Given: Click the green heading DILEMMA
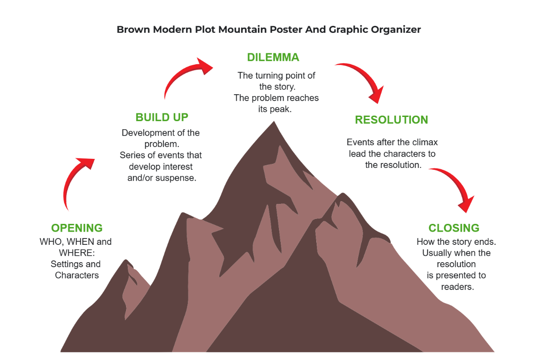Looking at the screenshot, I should point(273,57).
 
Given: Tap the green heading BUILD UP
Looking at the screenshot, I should point(162,117).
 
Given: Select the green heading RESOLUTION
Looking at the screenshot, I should point(391,120).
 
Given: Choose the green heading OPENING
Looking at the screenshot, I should point(77,228).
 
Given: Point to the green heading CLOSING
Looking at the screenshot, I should point(454,228).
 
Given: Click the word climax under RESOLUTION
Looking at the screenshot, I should point(424,142).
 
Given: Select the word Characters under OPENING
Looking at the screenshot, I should point(77,275).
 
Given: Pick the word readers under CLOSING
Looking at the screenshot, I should point(457,287).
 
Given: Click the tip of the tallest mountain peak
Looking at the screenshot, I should point(274,122).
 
